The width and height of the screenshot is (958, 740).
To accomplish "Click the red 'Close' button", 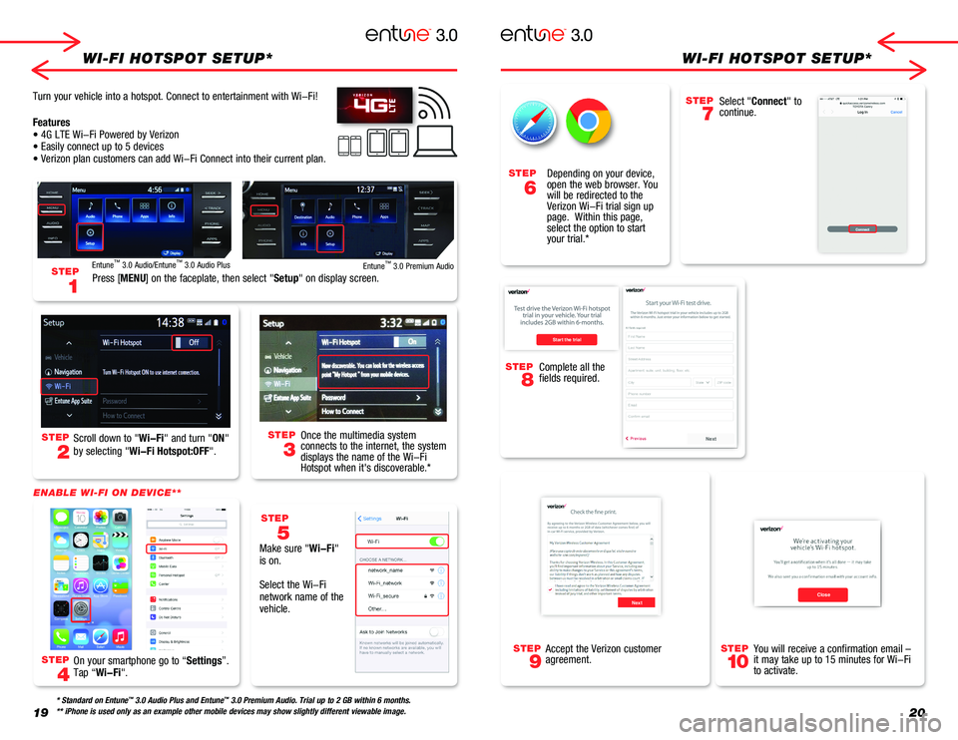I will [x=822, y=593].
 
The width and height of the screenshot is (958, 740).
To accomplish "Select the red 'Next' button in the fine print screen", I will [x=636, y=601].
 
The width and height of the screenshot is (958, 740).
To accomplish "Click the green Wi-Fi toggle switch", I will [x=436, y=542].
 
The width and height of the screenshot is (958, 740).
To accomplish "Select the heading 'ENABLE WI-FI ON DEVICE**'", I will [x=106, y=492].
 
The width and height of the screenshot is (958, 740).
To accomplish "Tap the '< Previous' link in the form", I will [x=637, y=438].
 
